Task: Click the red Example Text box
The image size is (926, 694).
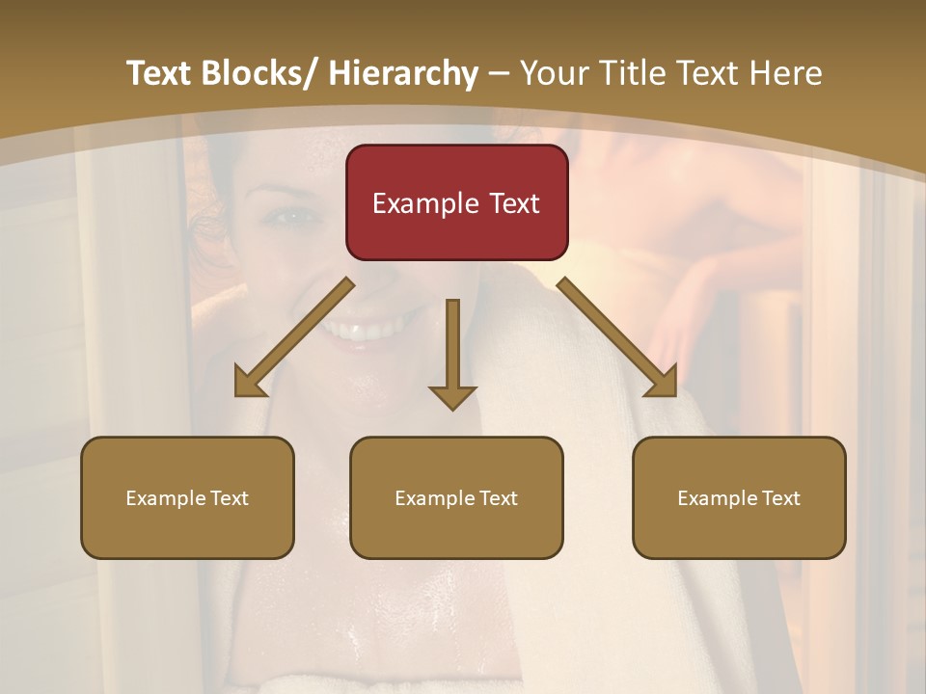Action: (456, 202)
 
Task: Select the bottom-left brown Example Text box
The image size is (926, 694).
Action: (187, 497)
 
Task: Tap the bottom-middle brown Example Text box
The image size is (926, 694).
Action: (456, 497)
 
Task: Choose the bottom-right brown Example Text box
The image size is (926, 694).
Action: (739, 497)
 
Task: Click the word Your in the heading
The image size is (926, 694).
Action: (550, 73)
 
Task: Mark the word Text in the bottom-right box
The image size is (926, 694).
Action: (779, 497)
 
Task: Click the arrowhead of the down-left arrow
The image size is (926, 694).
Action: (248, 383)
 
